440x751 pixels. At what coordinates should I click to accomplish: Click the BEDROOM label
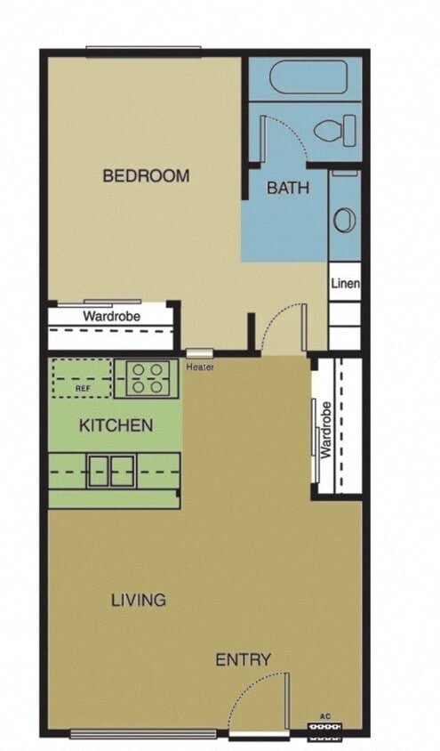(146, 175)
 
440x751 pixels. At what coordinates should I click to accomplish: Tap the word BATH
(288, 188)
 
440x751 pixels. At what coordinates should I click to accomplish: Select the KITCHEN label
(116, 425)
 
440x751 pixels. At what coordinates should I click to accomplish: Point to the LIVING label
(138, 600)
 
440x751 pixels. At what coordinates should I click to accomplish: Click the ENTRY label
(243, 659)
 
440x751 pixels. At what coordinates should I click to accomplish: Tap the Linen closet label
(345, 284)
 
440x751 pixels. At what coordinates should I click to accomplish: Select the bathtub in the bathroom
(304, 77)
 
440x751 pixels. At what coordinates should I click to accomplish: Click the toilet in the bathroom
(334, 133)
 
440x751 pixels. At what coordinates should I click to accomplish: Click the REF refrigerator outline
(82, 379)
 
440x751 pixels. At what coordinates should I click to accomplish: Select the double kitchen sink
(111, 470)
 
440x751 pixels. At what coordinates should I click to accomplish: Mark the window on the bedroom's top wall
(143, 50)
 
